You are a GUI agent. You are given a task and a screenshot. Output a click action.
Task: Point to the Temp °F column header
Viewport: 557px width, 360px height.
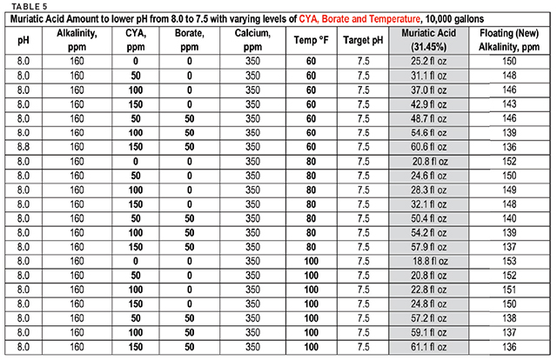(312, 41)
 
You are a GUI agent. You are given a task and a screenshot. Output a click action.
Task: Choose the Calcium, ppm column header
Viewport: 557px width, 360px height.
(252, 41)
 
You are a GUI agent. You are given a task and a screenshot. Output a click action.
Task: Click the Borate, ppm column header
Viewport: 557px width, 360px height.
(190, 41)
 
